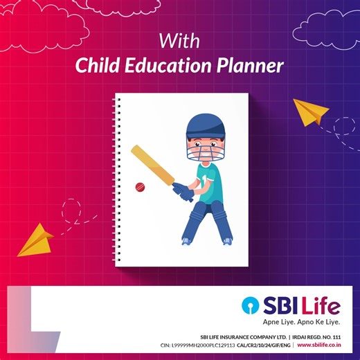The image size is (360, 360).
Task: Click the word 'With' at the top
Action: point(179,39)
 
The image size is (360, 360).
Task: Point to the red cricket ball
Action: point(139,187)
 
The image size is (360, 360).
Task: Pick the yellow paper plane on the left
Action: point(35,240)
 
